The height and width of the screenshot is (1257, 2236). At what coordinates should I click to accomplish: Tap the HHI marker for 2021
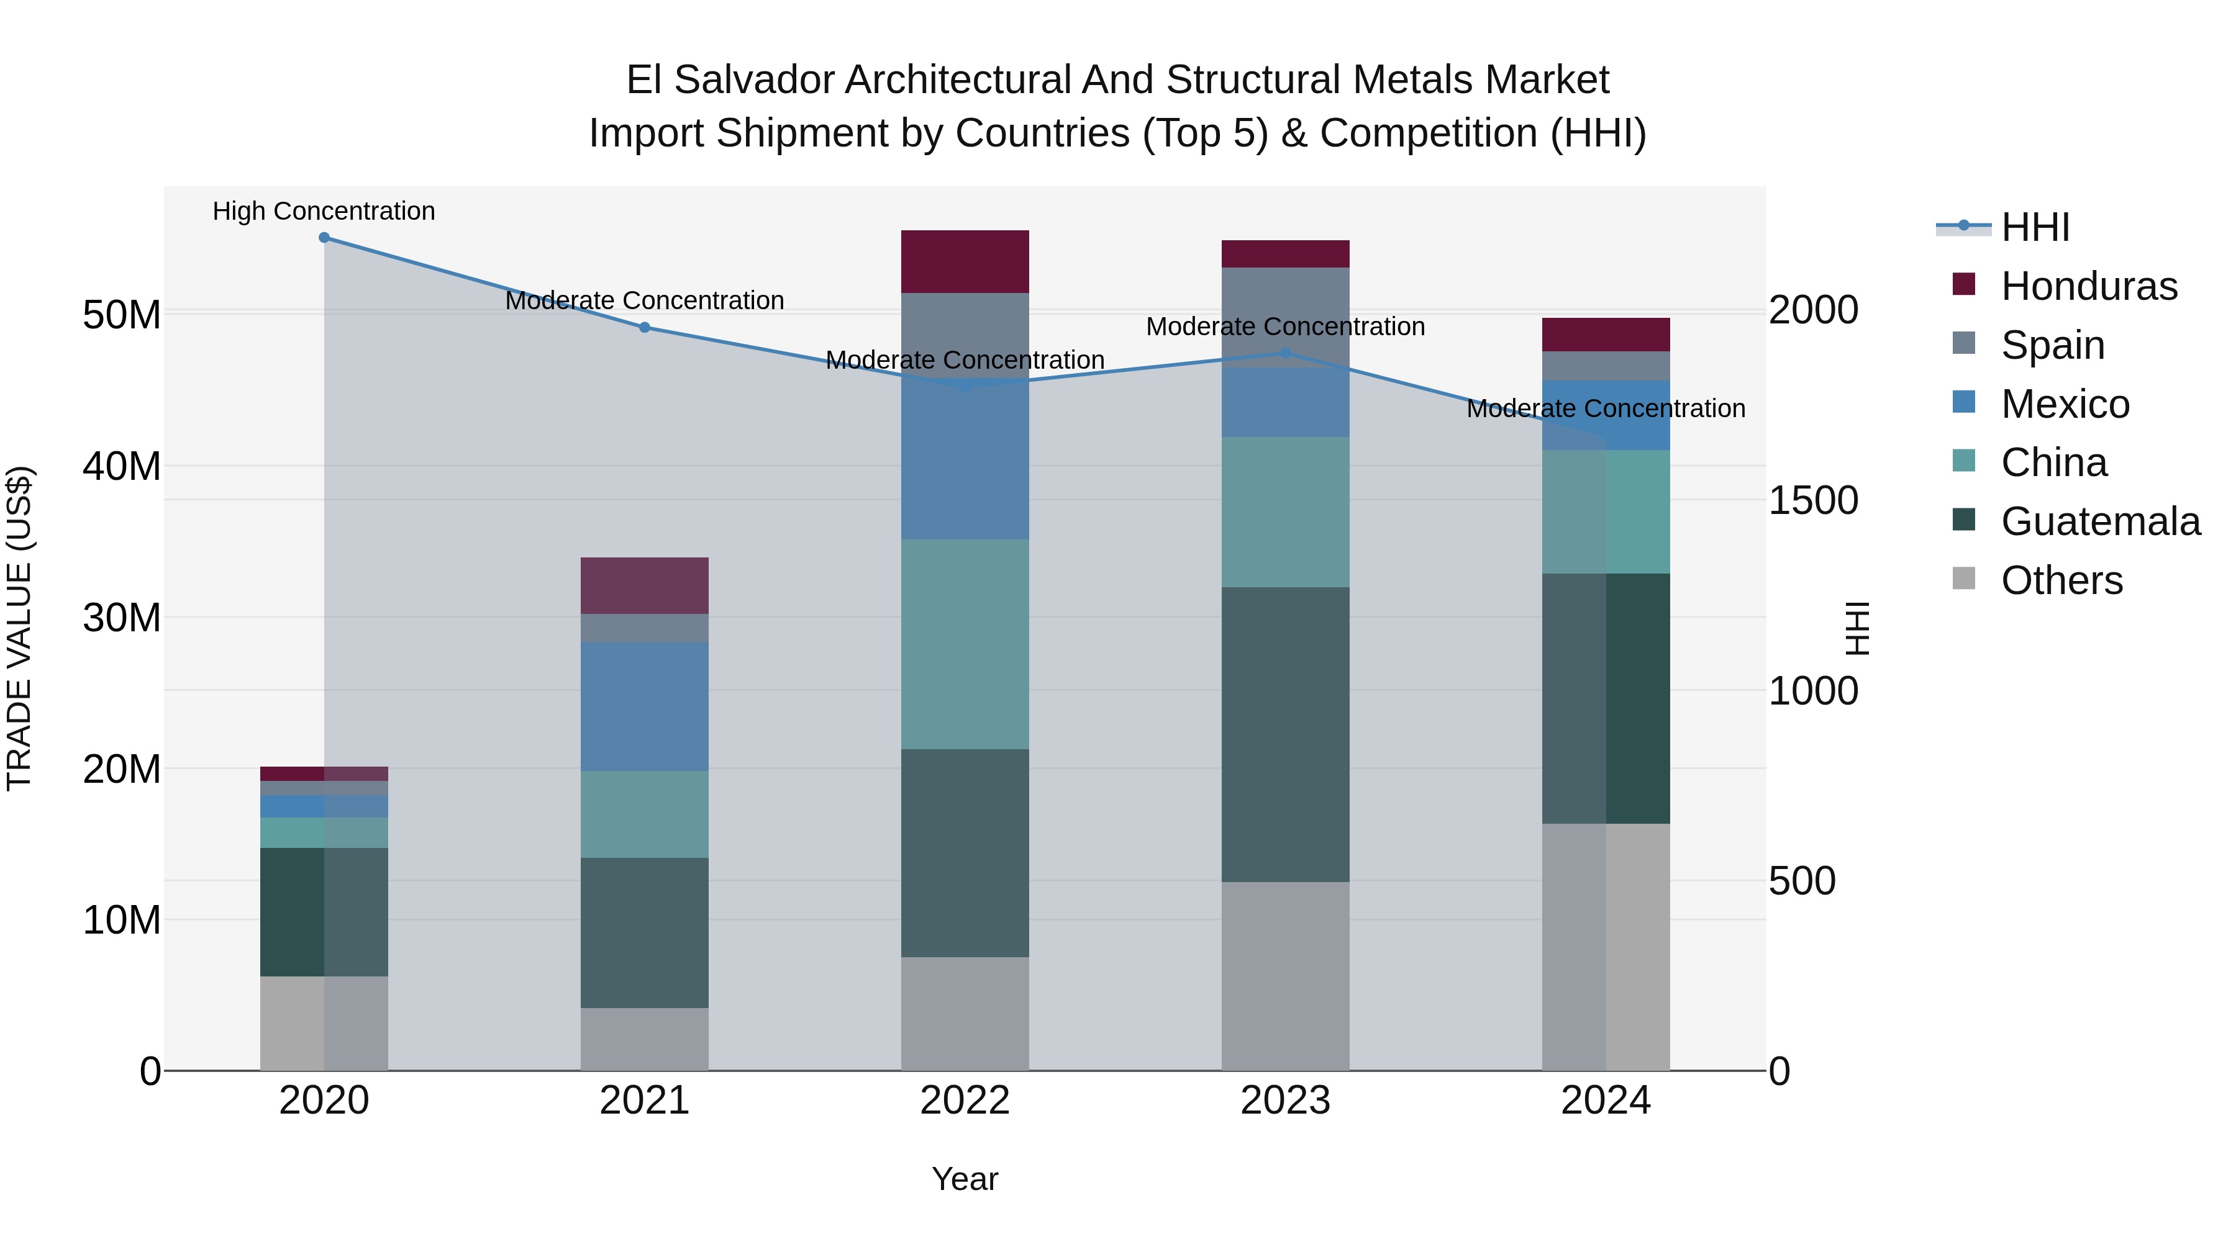pyautogui.click(x=644, y=327)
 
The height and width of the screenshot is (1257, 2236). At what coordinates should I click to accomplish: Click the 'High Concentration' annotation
pyautogui.click(x=324, y=211)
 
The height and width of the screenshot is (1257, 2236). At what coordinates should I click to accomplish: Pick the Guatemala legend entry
pyautogui.click(x=2100, y=521)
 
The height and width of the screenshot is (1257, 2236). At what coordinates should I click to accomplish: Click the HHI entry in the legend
pyautogui.click(x=2035, y=227)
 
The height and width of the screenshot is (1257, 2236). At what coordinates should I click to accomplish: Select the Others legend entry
pyautogui.click(x=2061, y=580)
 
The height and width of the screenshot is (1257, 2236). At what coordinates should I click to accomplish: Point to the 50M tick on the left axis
pyautogui.click(x=122, y=315)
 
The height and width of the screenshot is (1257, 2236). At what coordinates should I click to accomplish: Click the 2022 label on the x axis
pyautogui.click(x=965, y=1101)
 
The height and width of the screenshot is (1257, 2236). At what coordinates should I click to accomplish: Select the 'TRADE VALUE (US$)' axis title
pyautogui.click(x=19, y=628)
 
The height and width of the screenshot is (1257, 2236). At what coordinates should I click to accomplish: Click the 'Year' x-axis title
pyautogui.click(x=965, y=1179)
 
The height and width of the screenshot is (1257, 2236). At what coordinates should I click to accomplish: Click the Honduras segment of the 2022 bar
pyautogui.click(x=965, y=261)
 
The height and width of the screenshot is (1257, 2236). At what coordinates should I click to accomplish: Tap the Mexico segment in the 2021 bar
pyautogui.click(x=644, y=706)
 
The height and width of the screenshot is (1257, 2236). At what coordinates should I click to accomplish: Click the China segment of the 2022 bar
pyautogui.click(x=965, y=644)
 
